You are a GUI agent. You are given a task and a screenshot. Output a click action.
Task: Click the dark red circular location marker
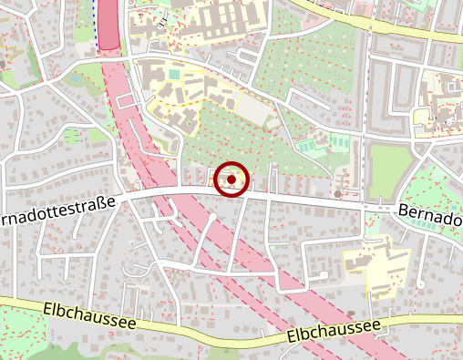click(x=232, y=180)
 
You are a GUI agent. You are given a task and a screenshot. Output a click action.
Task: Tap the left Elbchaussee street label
click(x=88, y=317)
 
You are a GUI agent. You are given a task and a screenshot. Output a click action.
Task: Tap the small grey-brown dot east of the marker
click(x=338, y=193)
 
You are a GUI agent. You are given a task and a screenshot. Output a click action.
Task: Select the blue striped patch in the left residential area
click(x=71, y=134)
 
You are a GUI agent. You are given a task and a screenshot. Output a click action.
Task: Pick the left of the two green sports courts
click(x=307, y=145)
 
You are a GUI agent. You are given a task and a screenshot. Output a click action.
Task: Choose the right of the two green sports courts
click(x=339, y=142)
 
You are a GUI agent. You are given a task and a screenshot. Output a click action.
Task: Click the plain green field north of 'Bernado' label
click(x=390, y=172)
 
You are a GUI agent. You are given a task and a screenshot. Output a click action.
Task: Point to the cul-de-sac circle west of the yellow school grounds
click(x=324, y=274)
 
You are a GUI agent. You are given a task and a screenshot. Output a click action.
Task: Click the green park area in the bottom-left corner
click(x=18, y=333)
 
